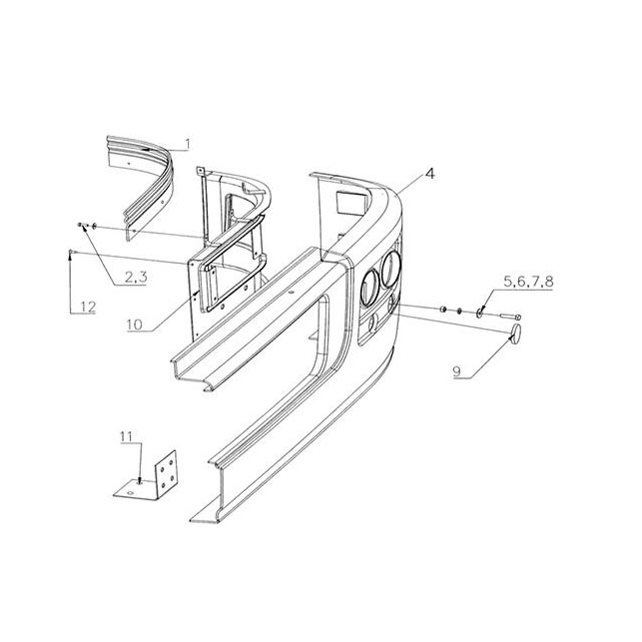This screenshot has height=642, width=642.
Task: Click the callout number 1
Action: pos(188,144)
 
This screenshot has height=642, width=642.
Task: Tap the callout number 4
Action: pos(429,173)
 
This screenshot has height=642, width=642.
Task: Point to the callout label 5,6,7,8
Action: pos(528,282)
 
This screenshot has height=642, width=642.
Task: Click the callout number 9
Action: pos(457,371)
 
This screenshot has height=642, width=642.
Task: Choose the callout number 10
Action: pos(134,324)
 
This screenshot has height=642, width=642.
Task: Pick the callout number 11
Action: pos(126,437)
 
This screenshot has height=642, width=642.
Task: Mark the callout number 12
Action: pos(88,307)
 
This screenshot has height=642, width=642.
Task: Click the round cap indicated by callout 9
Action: pos(516,333)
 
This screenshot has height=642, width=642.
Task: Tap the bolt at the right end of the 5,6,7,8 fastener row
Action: pos(510,317)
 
